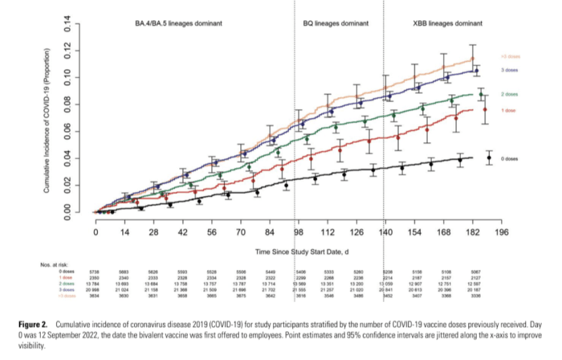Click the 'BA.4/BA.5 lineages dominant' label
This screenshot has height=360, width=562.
point(178,23)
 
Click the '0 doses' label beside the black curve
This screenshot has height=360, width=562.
point(509,159)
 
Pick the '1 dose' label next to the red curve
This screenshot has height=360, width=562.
point(508,110)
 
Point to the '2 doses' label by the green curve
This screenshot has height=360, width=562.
point(509,94)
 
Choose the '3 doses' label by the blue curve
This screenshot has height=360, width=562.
point(509,70)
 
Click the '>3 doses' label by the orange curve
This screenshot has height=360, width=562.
point(509,56)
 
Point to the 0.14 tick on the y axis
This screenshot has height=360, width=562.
point(68,27)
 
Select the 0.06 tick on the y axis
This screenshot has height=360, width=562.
point(68,131)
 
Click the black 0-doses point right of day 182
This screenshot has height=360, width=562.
point(490,157)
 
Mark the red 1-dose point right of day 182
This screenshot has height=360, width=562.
point(485,110)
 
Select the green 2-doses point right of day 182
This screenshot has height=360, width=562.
point(481,94)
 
